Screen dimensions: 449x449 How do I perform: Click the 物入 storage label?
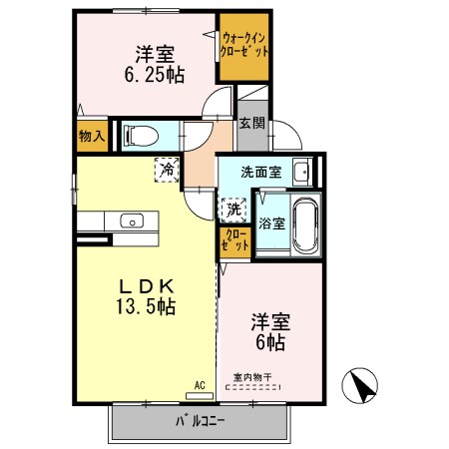click(91, 137)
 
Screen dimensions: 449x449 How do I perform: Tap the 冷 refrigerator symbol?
click(167, 170)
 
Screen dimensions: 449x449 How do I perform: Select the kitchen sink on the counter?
click(130, 222)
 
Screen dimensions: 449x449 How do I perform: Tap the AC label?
click(200, 384)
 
